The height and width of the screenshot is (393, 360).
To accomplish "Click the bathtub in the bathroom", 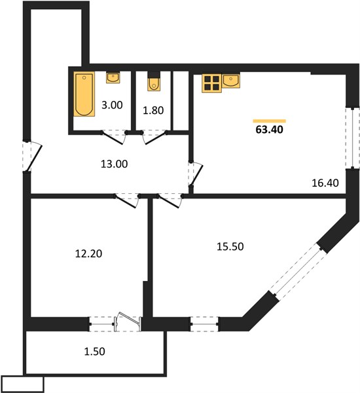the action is [x=84, y=94].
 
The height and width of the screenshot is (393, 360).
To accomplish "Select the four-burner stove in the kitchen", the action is [x=212, y=83].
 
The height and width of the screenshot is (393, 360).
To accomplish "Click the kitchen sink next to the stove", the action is [x=231, y=81].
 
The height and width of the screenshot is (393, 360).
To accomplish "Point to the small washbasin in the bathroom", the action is [x=113, y=78].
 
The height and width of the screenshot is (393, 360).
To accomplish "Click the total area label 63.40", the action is [x=269, y=130].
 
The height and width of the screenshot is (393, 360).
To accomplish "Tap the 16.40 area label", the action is [x=325, y=183].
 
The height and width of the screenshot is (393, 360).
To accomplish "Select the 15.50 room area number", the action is [x=230, y=247].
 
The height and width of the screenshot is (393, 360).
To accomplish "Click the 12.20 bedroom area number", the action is [x=88, y=253].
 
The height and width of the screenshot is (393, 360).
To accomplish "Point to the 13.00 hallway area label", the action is [x=115, y=164].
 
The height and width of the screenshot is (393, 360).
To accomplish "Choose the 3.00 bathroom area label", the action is [x=112, y=105].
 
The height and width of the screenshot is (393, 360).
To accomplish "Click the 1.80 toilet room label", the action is [x=153, y=110].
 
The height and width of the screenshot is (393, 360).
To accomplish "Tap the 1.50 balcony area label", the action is [x=94, y=351].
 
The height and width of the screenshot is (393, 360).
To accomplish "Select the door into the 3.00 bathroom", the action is [x=115, y=138].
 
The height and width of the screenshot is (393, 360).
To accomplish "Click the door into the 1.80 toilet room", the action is [x=154, y=138].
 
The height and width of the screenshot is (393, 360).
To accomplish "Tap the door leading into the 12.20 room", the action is [x=127, y=201].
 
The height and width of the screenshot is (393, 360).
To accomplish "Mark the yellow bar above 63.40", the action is [x=270, y=121].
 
